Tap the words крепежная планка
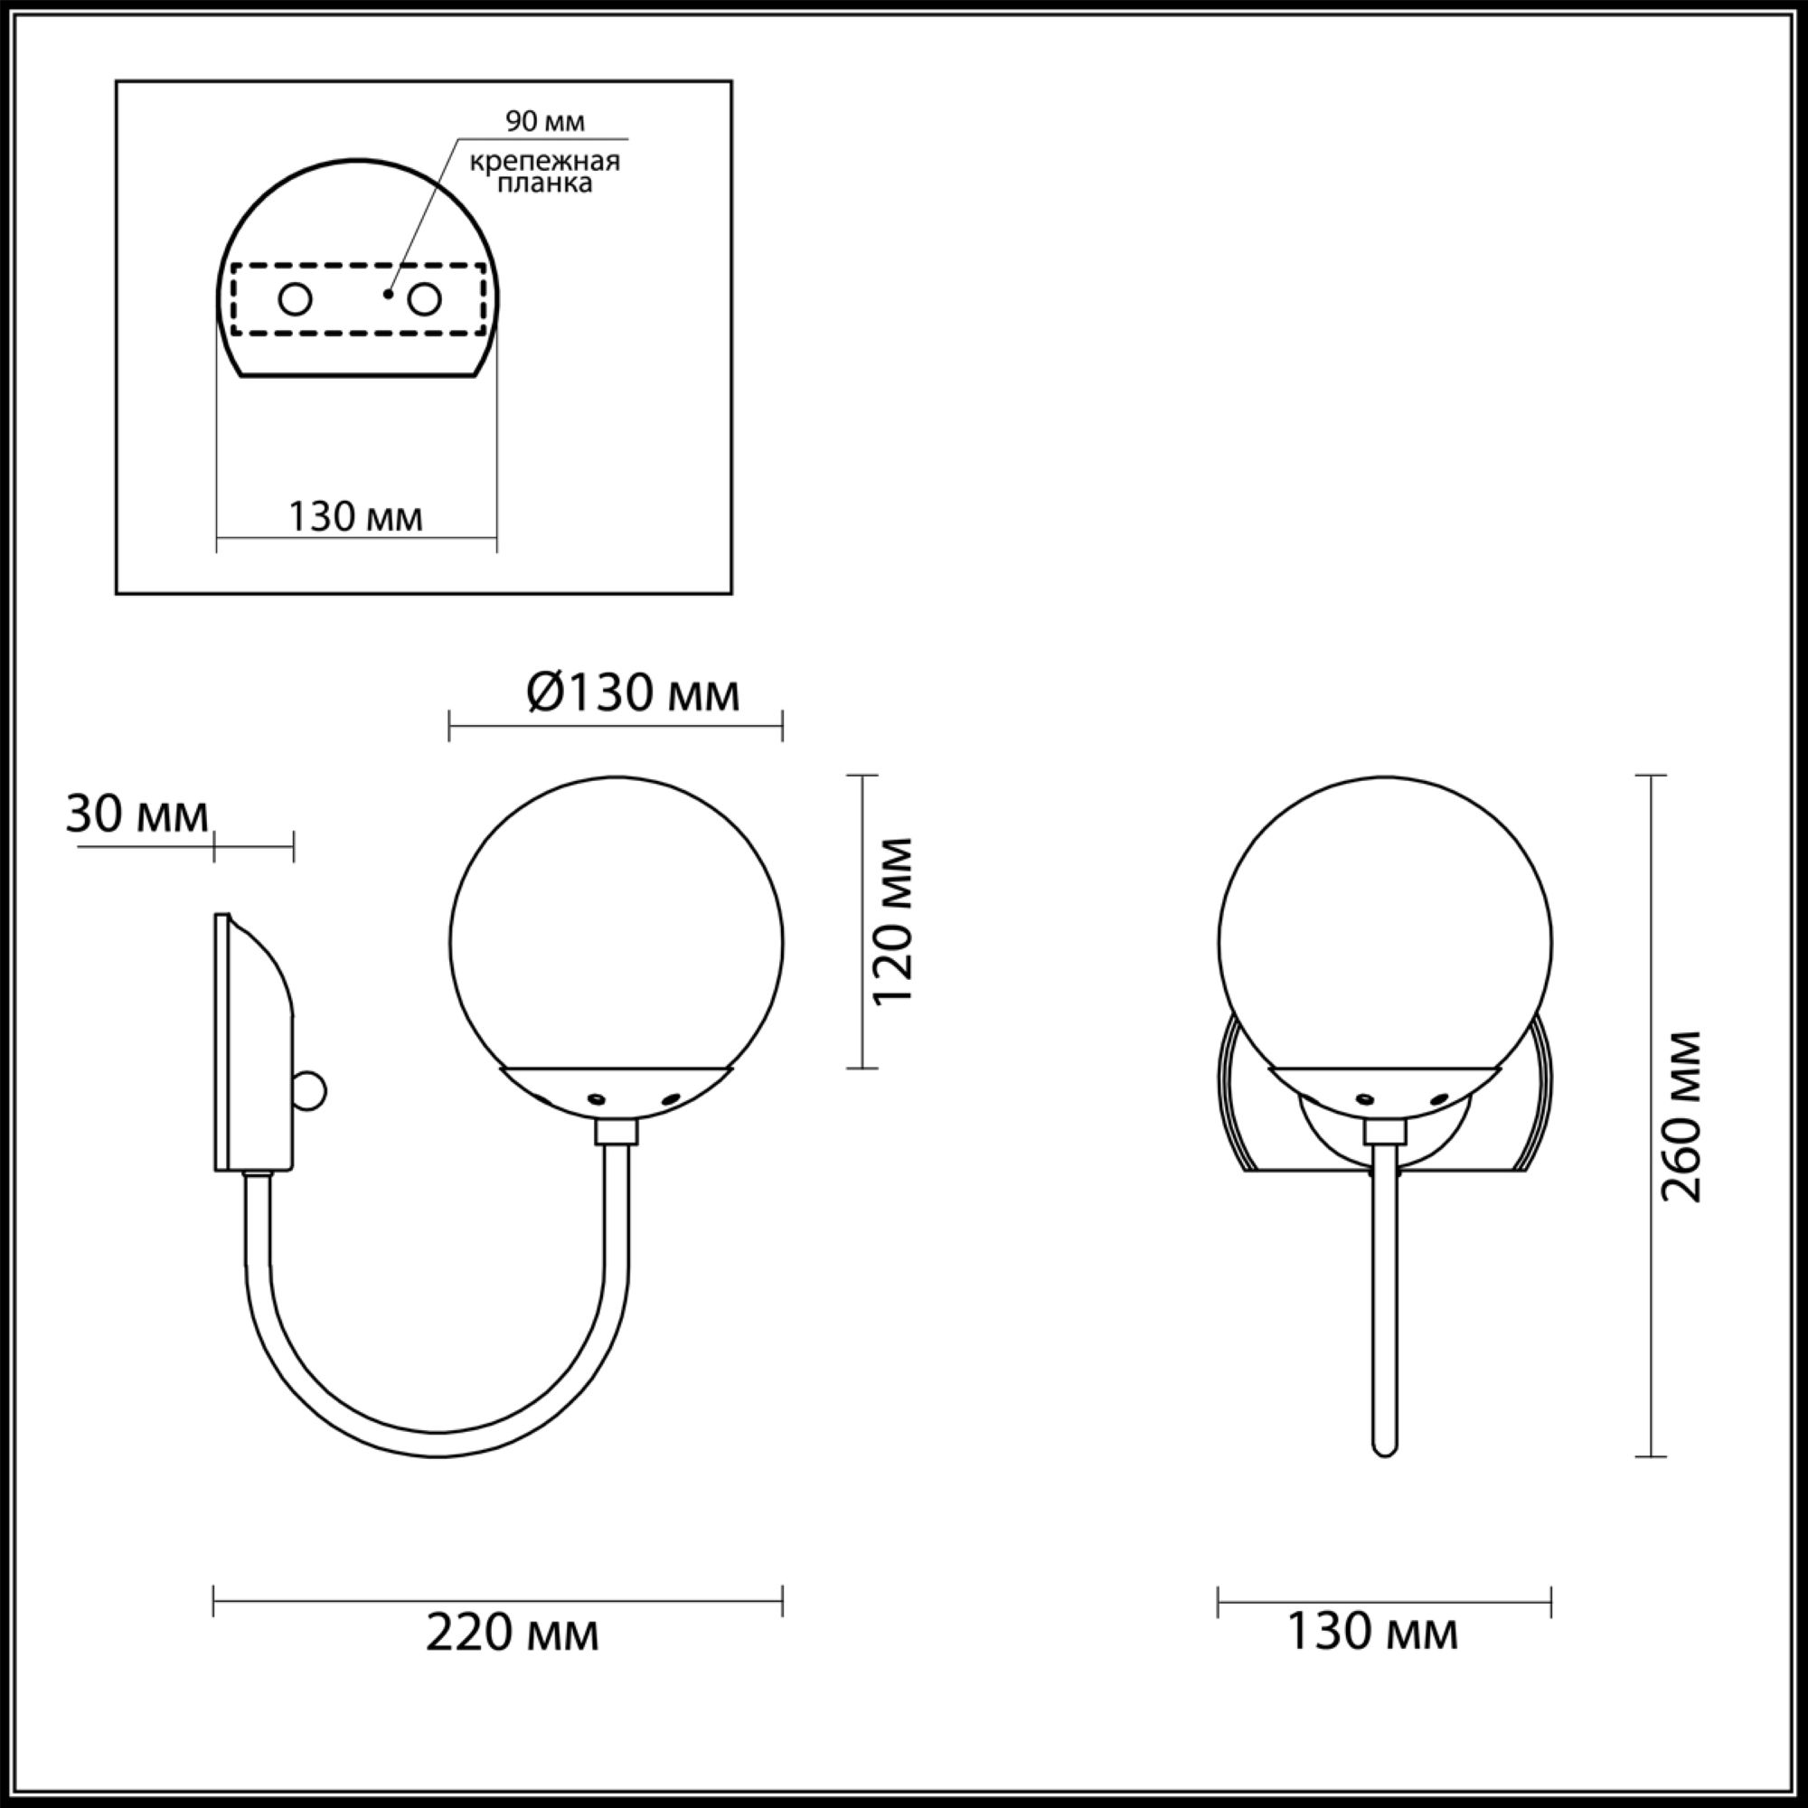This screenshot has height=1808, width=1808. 544,172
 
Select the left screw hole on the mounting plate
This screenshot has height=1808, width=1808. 296,300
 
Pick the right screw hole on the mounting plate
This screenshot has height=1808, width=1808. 424,300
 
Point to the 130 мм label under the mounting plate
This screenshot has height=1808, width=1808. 355,516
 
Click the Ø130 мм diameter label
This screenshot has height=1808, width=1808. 634,693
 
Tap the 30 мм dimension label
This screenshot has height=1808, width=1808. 137,815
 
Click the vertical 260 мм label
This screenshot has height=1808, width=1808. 1681,1116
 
